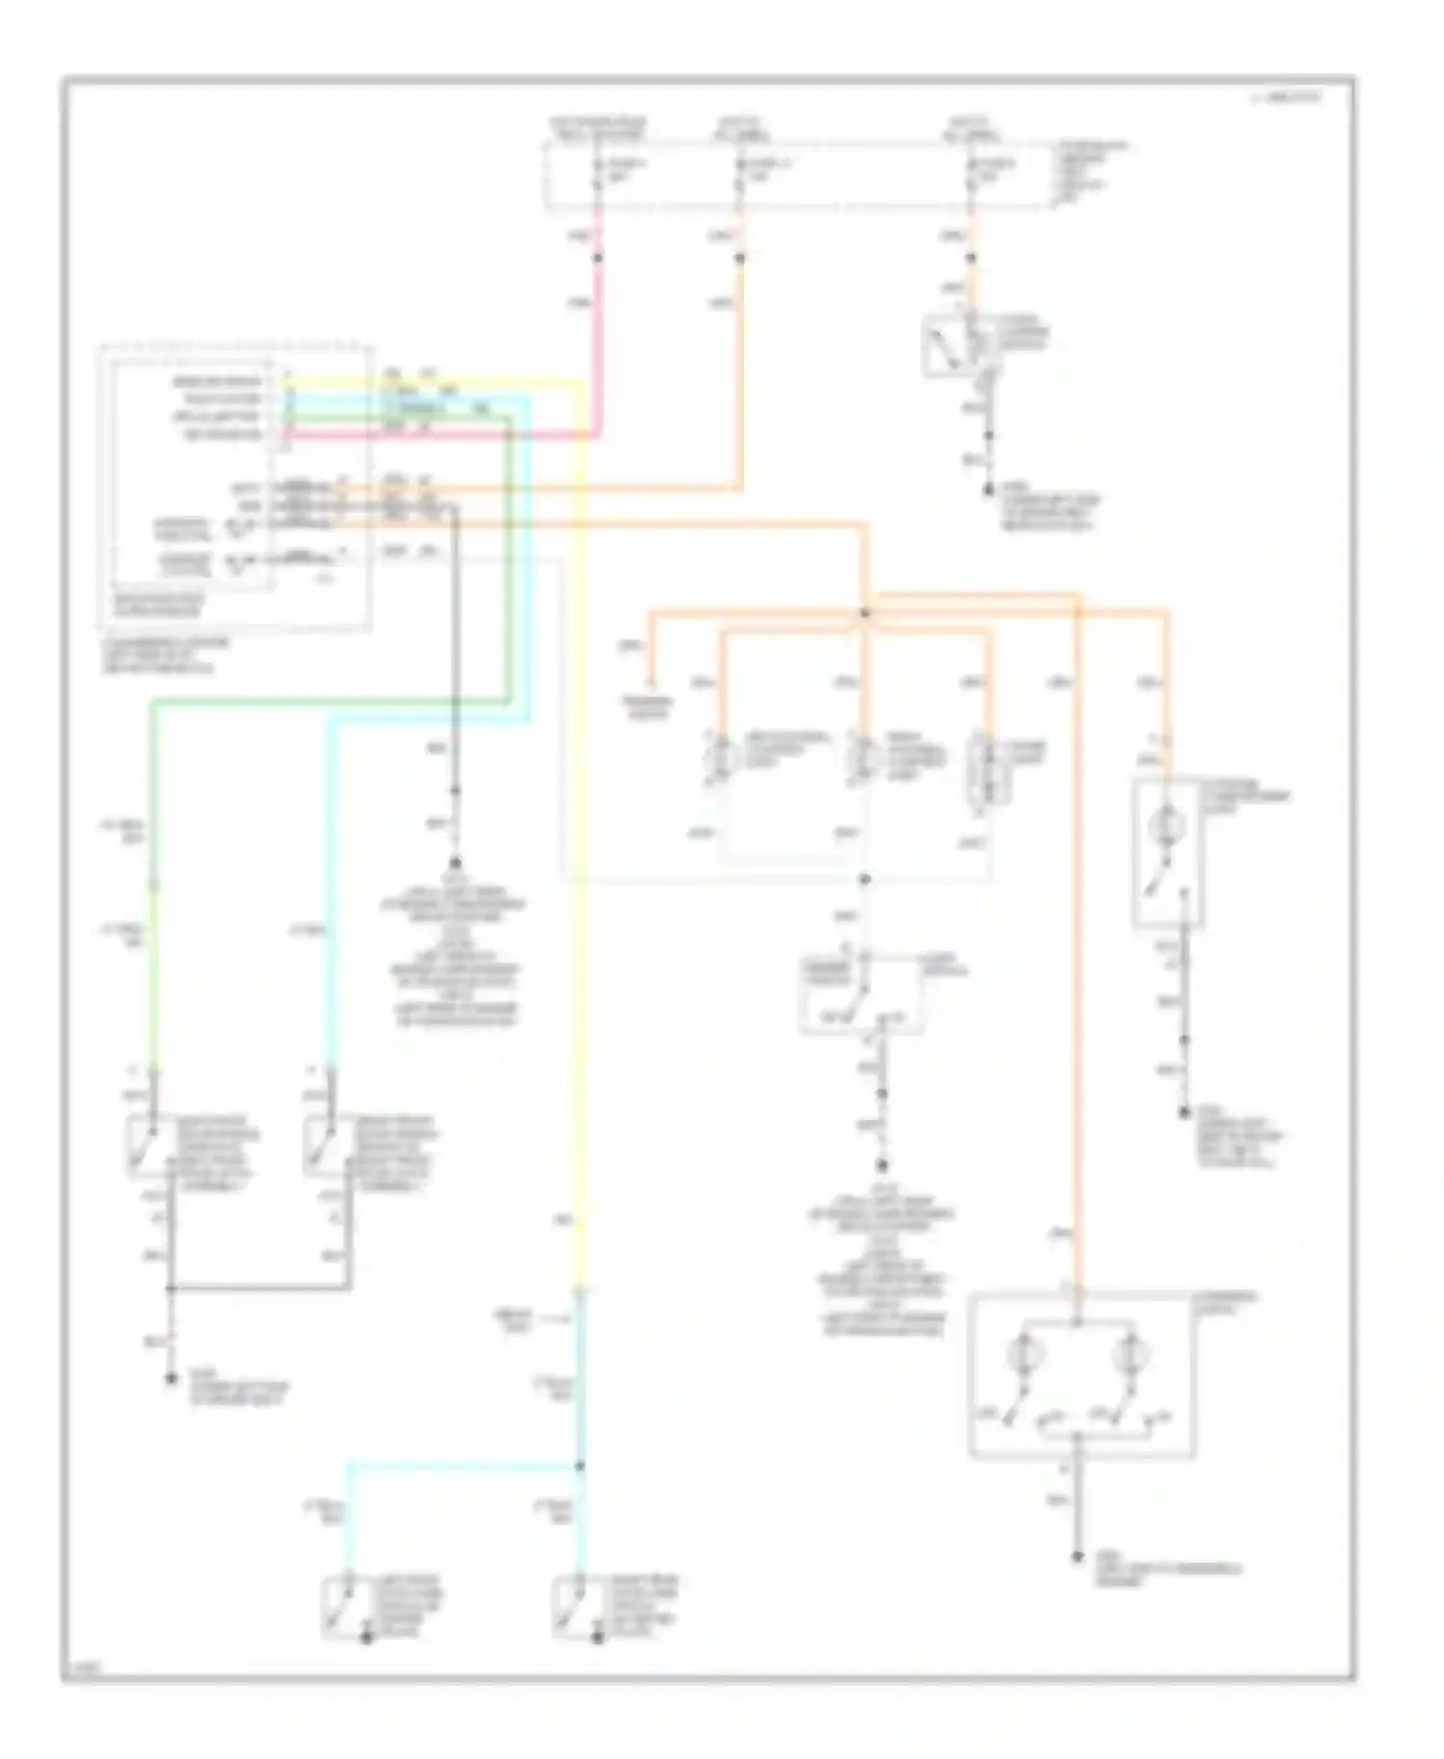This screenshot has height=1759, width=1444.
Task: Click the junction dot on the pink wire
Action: coord(598,258)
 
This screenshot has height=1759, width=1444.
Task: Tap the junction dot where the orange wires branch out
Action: coord(864,613)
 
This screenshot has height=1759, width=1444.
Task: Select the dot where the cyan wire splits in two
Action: coord(580,1466)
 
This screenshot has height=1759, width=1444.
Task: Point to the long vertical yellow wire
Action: coord(580,866)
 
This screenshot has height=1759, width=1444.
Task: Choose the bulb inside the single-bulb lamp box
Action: coord(1166,823)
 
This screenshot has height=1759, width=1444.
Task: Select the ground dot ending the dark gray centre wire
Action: coord(454,863)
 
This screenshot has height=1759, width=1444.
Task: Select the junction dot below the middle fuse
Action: coord(740,258)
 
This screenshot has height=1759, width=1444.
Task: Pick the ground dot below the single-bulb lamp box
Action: coord(1183,1113)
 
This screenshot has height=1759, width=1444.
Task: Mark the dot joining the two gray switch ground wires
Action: coord(171,1287)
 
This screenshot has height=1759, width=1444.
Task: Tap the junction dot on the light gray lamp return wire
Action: coord(864,879)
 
